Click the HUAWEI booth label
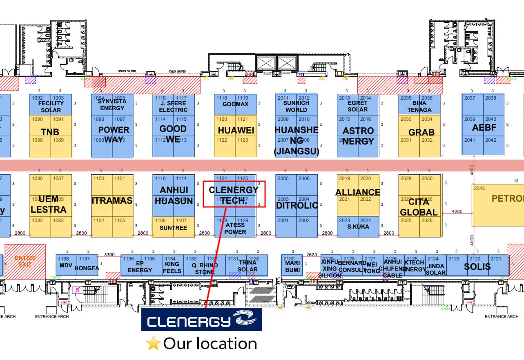pos(236,130)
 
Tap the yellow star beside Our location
pos(153,344)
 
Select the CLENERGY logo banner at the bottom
pos(201,319)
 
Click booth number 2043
pos(479,188)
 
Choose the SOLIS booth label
pos(477,267)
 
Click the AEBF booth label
pos(484,127)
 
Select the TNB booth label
pos(50,132)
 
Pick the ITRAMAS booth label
pos(112,200)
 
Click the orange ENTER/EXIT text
pos(25,261)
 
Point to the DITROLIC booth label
pos(297,205)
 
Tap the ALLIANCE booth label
pos(358,192)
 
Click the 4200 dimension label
pos(457,211)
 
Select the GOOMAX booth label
pos(235,104)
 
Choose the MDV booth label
pos(66,265)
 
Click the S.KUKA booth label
pos(358,226)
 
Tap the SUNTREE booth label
pos(173,228)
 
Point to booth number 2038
pos(491,98)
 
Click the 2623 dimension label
pos(312,254)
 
